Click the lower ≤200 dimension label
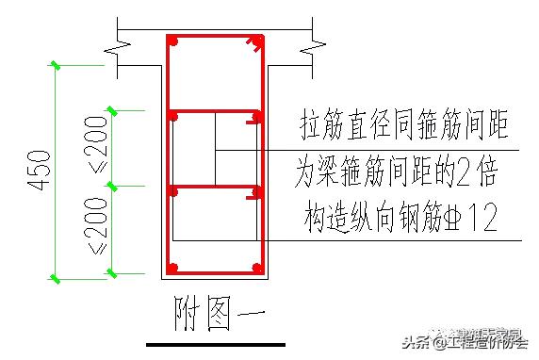coord(99,231)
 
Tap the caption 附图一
coord(217,314)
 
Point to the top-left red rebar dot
coord(173,41)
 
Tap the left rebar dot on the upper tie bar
coord(173,117)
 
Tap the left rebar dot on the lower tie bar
coord(173,191)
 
